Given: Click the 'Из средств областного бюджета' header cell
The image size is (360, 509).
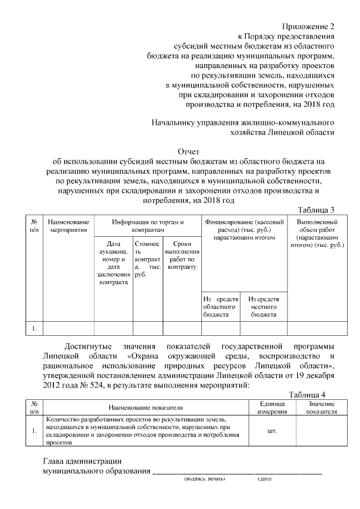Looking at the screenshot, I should point(221,307).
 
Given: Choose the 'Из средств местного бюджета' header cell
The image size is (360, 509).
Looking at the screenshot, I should point(263,307).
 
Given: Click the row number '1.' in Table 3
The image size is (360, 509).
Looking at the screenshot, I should point(34,327).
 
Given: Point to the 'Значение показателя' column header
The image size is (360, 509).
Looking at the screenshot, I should point(321,408).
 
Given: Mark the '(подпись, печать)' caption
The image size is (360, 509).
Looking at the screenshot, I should point(204,479).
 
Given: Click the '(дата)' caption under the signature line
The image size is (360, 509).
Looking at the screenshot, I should point(264,479).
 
